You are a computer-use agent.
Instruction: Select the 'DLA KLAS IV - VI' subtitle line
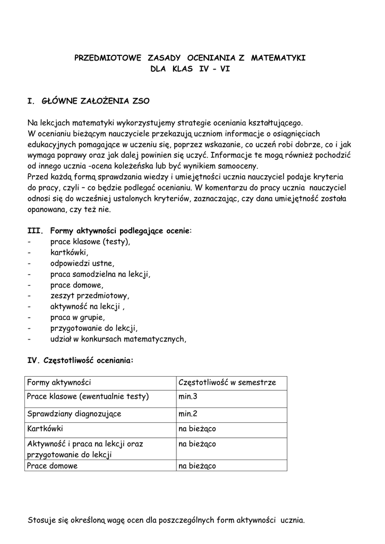[x=190, y=69]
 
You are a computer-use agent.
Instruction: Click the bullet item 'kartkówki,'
[x=69, y=252]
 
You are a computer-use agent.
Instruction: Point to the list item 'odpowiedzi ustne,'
[x=82, y=263]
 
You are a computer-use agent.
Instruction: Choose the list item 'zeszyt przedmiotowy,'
[x=90, y=295]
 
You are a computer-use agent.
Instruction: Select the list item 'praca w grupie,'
[x=78, y=317]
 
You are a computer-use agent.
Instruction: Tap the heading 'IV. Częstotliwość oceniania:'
[x=80, y=360]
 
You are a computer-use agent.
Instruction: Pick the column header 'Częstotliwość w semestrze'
[x=227, y=382]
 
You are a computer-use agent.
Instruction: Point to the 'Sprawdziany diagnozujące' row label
[x=74, y=413]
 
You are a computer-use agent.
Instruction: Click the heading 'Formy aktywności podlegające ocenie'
[x=119, y=231]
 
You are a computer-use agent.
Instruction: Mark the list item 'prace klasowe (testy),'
[x=90, y=241]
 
